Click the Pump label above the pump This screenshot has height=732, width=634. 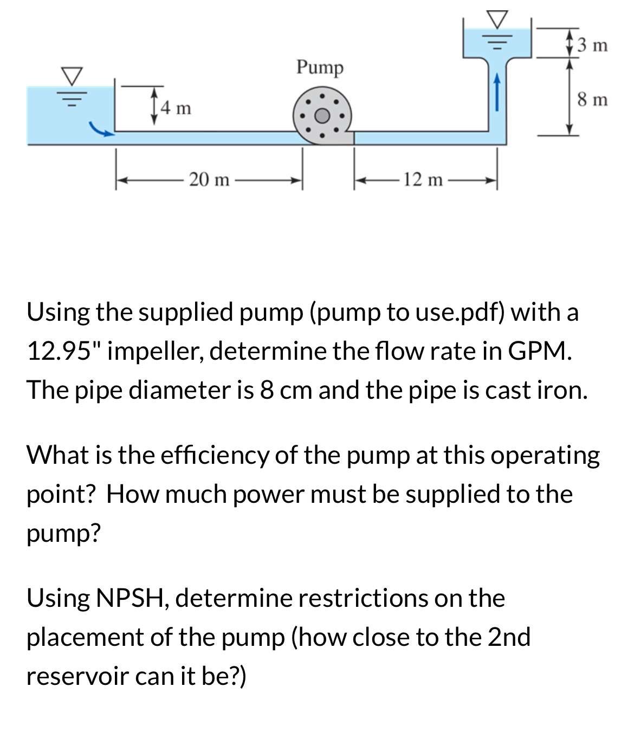tap(320, 68)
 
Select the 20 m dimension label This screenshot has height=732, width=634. tap(209, 179)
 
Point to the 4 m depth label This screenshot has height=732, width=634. tap(176, 108)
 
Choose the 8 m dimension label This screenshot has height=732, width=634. tap(592, 100)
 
